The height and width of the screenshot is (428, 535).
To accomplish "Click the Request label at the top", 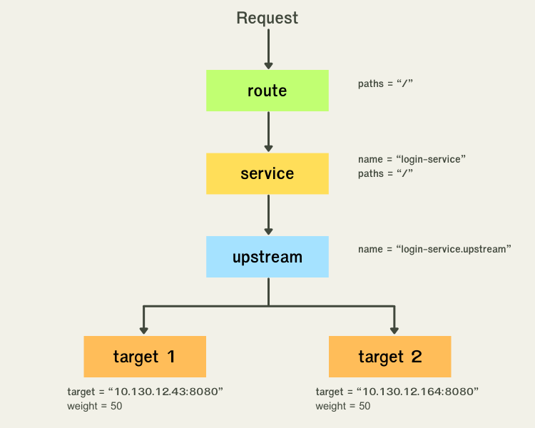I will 267,18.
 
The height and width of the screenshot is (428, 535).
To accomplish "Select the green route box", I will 267,91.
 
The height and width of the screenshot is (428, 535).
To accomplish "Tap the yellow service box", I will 267,173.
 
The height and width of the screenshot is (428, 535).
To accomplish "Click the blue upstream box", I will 267,257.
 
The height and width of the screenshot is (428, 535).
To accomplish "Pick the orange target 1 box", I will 145,357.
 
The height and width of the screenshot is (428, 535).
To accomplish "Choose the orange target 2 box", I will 390,357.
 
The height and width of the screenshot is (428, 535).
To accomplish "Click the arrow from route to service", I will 268,132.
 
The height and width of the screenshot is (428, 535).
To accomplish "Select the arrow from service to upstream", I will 268,215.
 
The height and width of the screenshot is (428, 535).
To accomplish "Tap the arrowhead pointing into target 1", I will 144,330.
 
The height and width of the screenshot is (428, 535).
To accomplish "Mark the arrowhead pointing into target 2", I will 393,330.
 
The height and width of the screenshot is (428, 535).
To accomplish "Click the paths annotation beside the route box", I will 386,83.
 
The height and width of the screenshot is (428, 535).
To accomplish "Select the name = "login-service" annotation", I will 412,159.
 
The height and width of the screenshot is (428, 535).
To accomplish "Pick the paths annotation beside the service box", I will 386,173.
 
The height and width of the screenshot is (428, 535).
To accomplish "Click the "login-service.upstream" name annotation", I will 434,249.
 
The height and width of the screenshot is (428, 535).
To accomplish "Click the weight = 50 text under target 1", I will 95,406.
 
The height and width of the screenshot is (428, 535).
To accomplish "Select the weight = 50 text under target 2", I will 343,406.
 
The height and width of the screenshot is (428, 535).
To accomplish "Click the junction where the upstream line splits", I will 268,306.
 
